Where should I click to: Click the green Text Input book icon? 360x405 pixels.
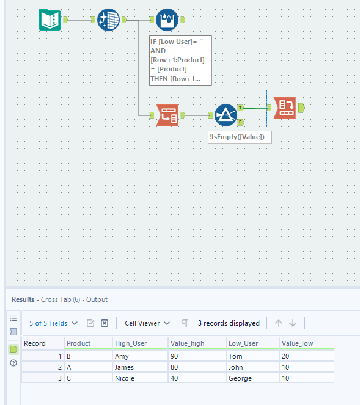[50, 20]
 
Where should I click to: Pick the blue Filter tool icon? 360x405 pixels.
[226, 114]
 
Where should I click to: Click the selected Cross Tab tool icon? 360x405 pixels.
[285, 108]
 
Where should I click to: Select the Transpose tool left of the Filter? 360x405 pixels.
[167, 114]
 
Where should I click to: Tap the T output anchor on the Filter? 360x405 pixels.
[240, 108]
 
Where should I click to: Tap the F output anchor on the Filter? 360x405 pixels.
[240, 122]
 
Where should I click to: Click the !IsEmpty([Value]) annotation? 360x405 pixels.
[240, 137]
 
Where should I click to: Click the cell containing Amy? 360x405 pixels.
[122, 356]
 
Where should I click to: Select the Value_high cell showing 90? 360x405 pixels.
[180, 356]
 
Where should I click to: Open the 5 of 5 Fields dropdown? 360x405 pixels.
[53, 323]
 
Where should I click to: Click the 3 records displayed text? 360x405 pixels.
[229, 323]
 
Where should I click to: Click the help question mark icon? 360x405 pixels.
[13, 363]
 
